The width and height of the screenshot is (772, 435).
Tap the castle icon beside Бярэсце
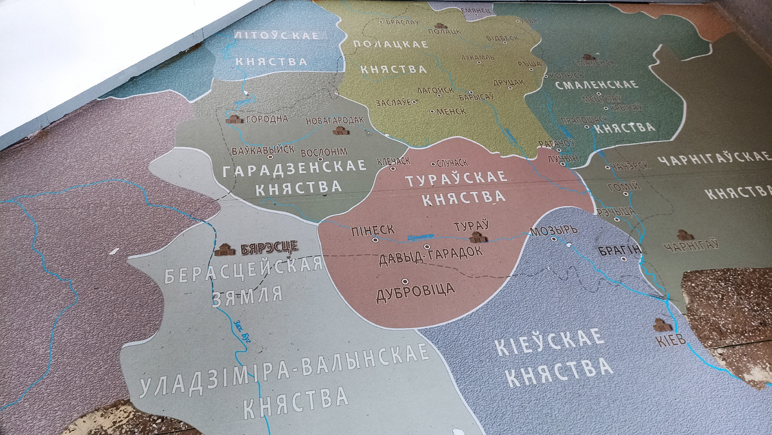226,249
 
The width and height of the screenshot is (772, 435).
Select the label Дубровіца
415,290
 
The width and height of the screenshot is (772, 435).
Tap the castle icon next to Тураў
477,237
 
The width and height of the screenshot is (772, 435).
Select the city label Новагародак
335,120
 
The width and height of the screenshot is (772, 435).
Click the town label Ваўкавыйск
262,150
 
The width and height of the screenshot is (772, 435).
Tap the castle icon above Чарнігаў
685,235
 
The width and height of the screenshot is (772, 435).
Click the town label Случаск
453,163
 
